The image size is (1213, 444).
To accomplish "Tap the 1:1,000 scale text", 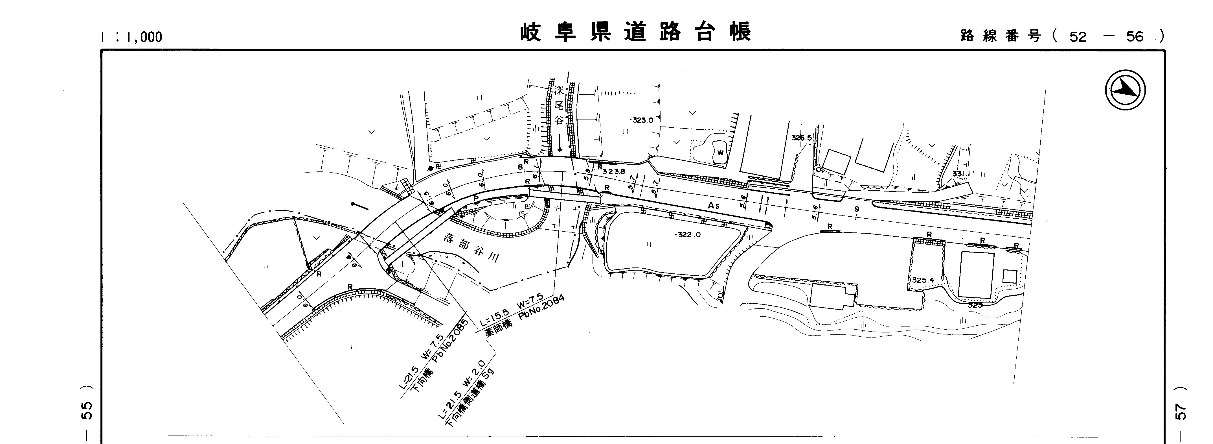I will click(x=131, y=37).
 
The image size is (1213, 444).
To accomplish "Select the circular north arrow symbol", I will click(x=1125, y=90).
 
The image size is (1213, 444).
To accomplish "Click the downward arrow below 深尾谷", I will click(x=560, y=142).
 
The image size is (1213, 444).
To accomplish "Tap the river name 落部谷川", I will click(x=471, y=248).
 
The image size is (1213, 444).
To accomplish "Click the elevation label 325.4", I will click(x=923, y=280).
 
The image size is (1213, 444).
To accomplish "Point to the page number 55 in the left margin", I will click(x=87, y=410).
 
